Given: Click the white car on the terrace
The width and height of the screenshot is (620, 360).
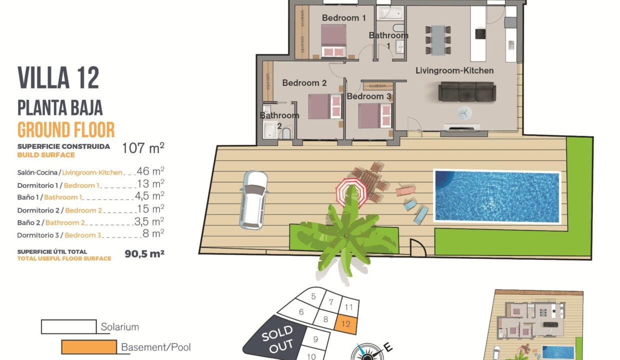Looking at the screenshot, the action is pos(253,200).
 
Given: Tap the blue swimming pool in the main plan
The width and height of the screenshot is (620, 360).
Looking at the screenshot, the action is pos(497,196).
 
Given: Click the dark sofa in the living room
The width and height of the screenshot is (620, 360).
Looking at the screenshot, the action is pos(467,91).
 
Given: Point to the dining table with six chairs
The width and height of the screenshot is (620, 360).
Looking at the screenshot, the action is pos(438,40).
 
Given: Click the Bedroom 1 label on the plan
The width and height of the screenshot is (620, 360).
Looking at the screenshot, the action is pos(344,18).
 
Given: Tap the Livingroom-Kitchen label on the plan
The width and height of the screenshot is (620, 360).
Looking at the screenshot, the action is pos(454,70).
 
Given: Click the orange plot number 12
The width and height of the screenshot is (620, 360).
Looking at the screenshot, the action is pos(346,324).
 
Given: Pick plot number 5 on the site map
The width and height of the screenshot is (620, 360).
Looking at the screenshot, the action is pos(313,296).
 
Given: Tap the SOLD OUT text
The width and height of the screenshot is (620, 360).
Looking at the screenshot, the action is pos(277,339).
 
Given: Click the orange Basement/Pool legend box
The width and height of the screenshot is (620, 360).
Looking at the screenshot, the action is pos(89,347).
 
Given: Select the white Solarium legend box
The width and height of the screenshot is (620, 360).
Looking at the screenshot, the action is pos(68,326).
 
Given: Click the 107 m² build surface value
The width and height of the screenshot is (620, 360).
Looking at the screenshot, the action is pos(143,148).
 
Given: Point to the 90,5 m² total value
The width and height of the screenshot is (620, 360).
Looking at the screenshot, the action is pos(144,253).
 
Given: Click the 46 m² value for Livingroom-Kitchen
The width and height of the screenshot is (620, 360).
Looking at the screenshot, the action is pos(150,171).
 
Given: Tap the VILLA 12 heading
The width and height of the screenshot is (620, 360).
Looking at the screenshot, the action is pos(58,78).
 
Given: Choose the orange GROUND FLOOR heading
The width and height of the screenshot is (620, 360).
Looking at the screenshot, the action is pos(66,129).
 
